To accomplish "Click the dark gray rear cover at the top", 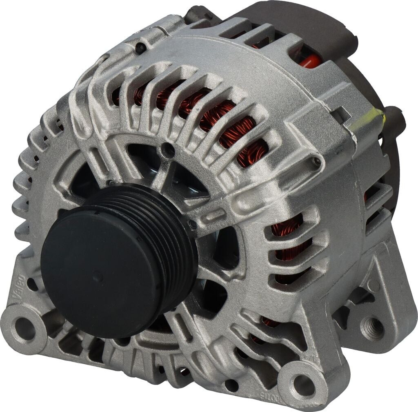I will [x=294, y=20].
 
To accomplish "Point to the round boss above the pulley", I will [x=168, y=150].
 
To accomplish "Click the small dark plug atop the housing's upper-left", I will [x=140, y=49].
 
